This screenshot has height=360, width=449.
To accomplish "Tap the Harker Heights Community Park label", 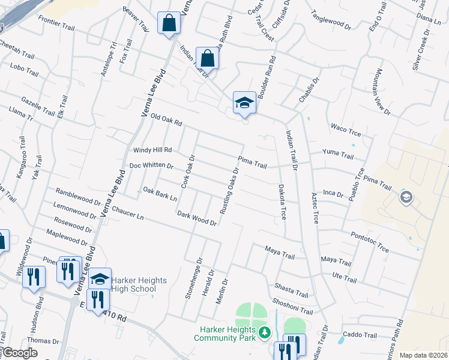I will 224,334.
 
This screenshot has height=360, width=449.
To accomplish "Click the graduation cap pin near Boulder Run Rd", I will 244,103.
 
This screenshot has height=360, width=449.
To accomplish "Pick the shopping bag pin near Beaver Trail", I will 169,24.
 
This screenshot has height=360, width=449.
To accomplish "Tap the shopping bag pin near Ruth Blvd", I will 207,59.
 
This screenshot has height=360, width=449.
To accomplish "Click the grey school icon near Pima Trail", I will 406,197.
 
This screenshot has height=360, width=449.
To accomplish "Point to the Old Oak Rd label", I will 166,120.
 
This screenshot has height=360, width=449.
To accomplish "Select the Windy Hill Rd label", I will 152,150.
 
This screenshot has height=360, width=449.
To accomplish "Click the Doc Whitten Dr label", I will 151,166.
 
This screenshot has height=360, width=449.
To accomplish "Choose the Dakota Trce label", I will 282,202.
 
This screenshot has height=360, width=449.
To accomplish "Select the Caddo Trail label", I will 358,334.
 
